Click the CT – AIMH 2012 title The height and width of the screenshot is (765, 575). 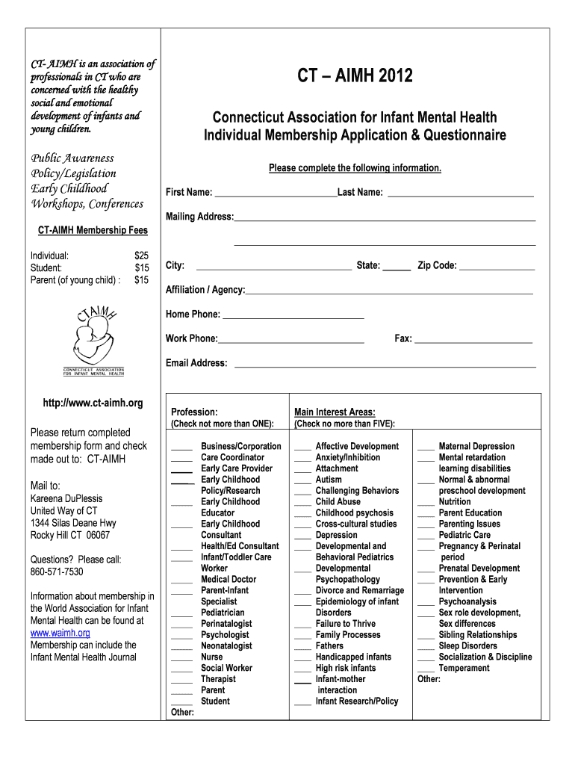[355, 76]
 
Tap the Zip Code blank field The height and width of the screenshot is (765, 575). [497, 267]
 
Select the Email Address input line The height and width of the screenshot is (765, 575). [385, 365]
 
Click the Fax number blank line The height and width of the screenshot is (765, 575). [473, 341]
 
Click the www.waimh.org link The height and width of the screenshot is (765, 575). [60, 633]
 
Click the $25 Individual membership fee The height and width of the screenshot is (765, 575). [141, 255]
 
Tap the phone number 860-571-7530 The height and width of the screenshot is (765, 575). [57, 572]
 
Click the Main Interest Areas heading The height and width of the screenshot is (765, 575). [335, 412]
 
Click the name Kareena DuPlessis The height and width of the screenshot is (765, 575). [66, 498]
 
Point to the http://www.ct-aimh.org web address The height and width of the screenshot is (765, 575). [93, 403]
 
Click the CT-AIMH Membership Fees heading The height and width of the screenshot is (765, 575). [93, 231]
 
